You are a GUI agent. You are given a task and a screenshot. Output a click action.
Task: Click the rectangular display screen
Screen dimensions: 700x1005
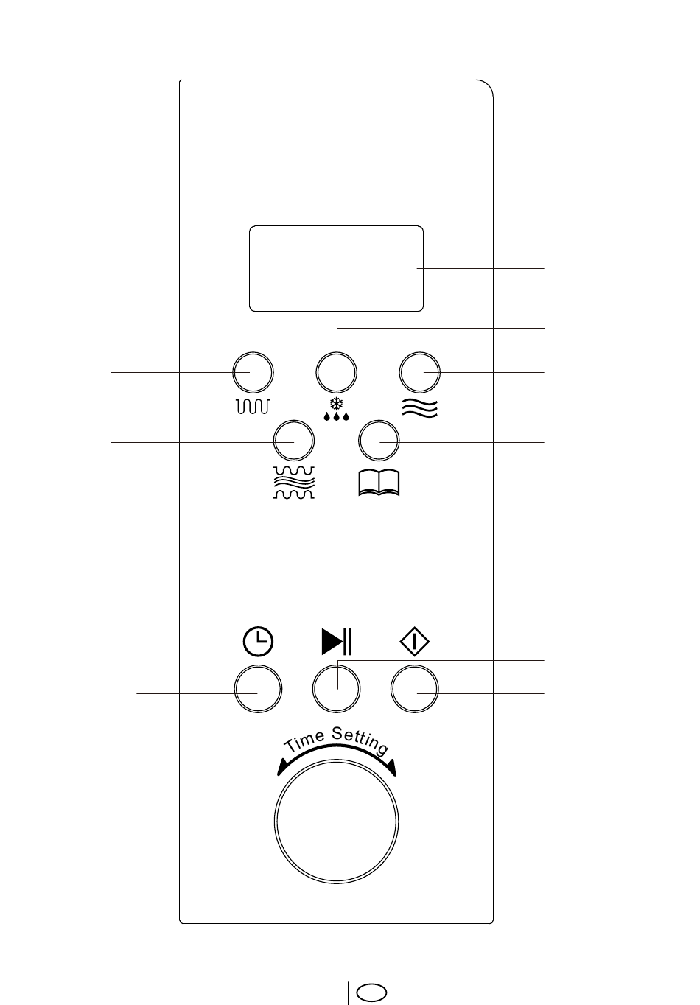(x=336, y=268)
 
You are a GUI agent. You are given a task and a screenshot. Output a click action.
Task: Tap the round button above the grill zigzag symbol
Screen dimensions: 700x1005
(x=253, y=374)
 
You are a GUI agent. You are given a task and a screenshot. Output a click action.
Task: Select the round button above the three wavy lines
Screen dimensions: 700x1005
(x=420, y=374)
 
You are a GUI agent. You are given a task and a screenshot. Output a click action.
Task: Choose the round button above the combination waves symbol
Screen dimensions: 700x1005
(x=293, y=441)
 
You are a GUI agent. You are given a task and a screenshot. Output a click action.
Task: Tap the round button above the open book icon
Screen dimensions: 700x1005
(x=378, y=441)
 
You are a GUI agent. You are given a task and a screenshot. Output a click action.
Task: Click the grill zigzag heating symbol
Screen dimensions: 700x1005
(x=253, y=406)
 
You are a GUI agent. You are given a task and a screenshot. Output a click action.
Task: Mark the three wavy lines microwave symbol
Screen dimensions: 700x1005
(x=420, y=407)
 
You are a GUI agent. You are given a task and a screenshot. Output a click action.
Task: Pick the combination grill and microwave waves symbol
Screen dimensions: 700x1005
(x=293, y=483)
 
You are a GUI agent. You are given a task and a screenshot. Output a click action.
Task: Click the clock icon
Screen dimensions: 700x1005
(x=257, y=642)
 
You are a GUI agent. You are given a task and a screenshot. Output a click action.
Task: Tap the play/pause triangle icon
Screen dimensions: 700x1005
(x=337, y=642)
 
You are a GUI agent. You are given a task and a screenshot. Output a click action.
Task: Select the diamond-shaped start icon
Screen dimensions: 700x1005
(x=415, y=642)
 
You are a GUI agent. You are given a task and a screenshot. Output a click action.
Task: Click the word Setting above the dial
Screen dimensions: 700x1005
(x=360, y=741)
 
